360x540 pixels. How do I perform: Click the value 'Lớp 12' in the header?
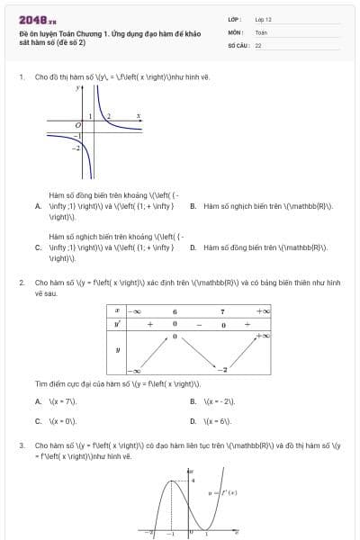tap(263, 18)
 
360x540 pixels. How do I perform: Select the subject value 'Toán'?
tap(261, 31)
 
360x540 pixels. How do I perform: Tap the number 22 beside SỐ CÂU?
tap(258, 44)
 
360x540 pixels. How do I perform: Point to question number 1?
tap(21, 77)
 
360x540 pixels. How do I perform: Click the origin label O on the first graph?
tap(78, 123)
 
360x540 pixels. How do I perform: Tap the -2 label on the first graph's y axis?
tap(76, 146)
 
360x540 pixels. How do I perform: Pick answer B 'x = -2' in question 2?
tap(214, 401)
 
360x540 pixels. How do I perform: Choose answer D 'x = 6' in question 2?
tap(213, 420)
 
